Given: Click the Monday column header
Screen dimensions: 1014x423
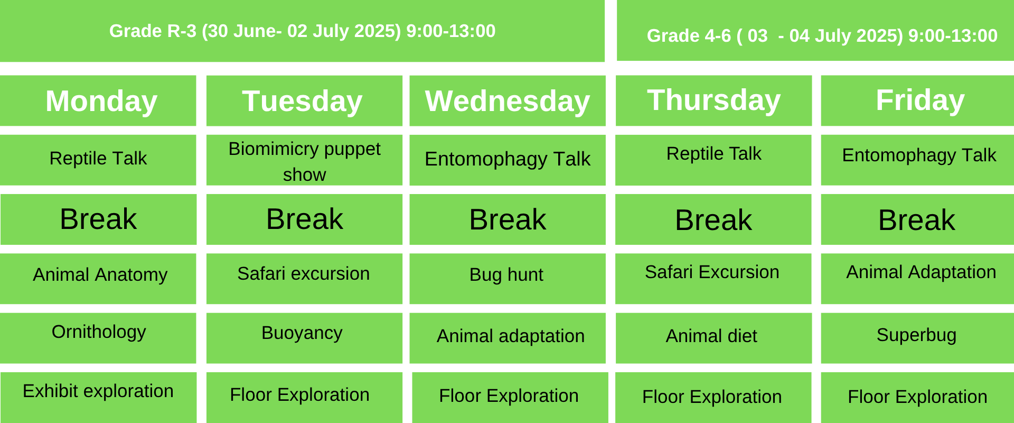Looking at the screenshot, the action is [x=98, y=100].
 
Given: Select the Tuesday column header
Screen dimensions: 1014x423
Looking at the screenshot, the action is [x=304, y=100].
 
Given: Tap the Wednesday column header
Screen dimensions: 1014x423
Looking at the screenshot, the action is [x=508, y=100].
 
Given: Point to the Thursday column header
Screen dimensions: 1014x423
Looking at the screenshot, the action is [x=713, y=100].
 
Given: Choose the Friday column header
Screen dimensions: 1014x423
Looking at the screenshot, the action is [x=918, y=100].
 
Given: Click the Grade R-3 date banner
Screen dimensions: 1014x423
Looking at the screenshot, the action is [x=302, y=31].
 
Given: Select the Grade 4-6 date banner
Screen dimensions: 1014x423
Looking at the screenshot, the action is [x=815, y=31].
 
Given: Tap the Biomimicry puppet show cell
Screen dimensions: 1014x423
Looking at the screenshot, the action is [x=304, y=160].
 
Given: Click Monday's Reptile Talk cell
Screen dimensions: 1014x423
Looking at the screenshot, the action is [x=98, y=160].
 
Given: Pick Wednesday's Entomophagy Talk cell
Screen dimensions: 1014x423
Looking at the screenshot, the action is [x=508, y=160].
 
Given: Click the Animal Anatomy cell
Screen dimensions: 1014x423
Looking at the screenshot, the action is [x=98, y=279].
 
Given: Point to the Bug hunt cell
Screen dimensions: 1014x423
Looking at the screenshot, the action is [x=508, y=279].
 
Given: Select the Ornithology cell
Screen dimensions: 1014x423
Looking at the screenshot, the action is [x=98, y=338].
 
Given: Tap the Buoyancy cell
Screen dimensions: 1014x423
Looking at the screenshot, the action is [x=304, y=338].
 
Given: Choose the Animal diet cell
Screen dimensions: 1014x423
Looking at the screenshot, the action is [x=713, y=338].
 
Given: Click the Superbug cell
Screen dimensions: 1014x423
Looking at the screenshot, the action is [x=918, y=338].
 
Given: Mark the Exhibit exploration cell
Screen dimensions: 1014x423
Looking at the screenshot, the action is [x=98, y=398].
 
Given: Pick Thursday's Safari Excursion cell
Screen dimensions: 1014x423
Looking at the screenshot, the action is [x=713, y=279].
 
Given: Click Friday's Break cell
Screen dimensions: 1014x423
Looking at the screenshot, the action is [x=918, y=219].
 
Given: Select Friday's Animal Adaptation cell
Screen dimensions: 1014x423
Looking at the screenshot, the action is [x=918, y=279].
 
